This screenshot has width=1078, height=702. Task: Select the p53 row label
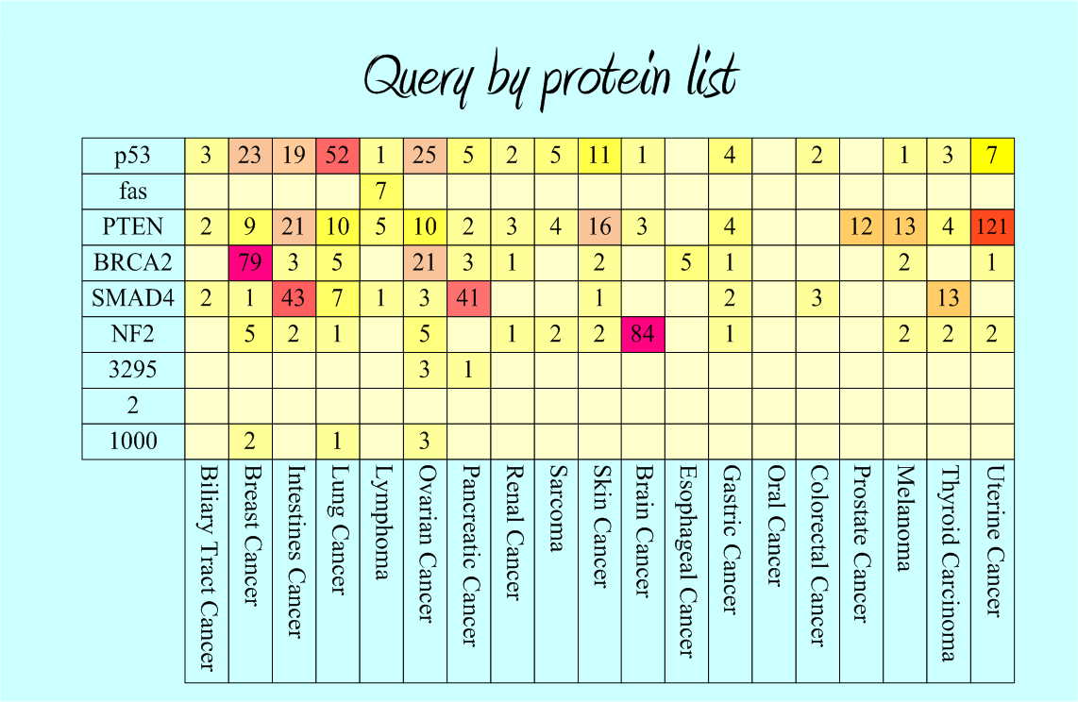tap(133, 156)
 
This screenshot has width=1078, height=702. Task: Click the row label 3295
tap(133, 370)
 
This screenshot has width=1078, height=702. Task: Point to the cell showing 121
tap(992, 227)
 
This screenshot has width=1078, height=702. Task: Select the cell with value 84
tap(643, 335)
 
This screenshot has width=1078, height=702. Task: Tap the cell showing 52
tap(337, 156)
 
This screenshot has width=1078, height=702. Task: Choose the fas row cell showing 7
tap(381, 192)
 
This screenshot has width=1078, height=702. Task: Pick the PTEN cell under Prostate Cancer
tap(861, 227)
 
